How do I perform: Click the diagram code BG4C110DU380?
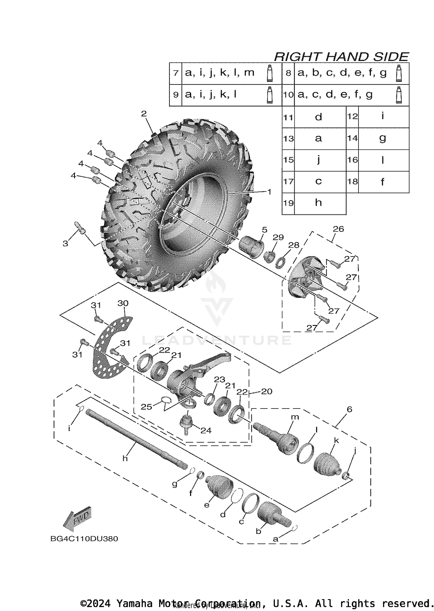pyautogui.click(x=84, y=539)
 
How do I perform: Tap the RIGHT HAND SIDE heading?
pyautogui.click(x=341, y=57)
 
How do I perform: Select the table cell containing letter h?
pyautogui.click(x=318, y=203)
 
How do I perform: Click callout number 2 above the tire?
pyautogui.click(x=144, y=114)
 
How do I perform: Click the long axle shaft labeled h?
pyautogui.click(x=136, y=438)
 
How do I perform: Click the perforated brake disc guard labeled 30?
pyautogui.click(x=111, y=347)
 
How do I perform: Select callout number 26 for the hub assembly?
pyautogui.click(x=338, y=229)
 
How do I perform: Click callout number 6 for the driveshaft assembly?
pyautogui.click(x=349, y=409)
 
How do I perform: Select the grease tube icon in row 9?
pyautogui.click(x=270, y=95)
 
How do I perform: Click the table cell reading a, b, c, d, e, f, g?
pyautogui.click(x=342, y=73)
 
